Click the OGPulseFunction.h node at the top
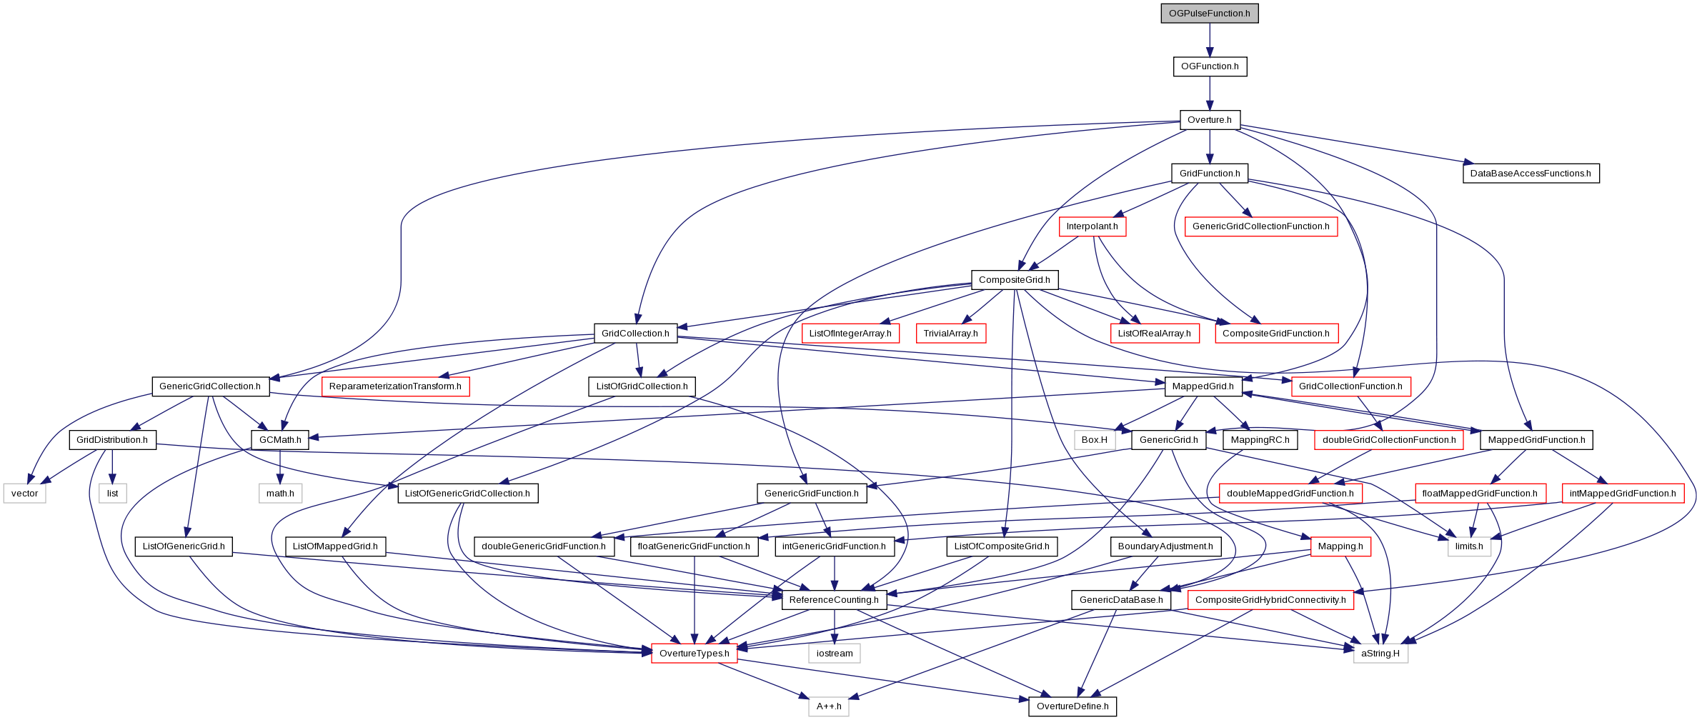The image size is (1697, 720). click(x=1210, y=14)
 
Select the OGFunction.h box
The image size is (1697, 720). click(x=1210, y=66)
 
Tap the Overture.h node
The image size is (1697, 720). click(x=1210, y=120)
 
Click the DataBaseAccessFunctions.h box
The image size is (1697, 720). click(x=1531, y=174)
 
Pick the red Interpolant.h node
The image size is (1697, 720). click(x=1093, y=226)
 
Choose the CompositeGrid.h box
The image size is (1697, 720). click(x=1015, y=280)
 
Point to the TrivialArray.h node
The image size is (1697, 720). click(x=950, y=334)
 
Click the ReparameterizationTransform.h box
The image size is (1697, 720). click(x=395, y=386)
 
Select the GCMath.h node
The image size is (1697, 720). click(x=280, y=440)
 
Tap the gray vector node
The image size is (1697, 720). click(x=25, y=494)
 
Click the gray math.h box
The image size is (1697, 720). click(x=280, y=494)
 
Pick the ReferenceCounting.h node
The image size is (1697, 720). click(x=834, y=600)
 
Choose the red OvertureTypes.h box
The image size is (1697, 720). click(x=695, y=654)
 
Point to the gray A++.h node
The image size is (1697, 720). click(x=829, y=706)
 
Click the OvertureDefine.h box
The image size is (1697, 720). click(x=1073, y=706)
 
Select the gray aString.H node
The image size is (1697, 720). click(x=1380, y=654)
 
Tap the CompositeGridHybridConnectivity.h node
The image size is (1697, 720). click(x=1270, y=600)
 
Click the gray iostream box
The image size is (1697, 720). click(x=835, y=654)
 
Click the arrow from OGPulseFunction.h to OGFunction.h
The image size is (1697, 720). click(x=1210, y=40)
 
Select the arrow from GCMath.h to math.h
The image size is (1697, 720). click(x=280, y=467)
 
